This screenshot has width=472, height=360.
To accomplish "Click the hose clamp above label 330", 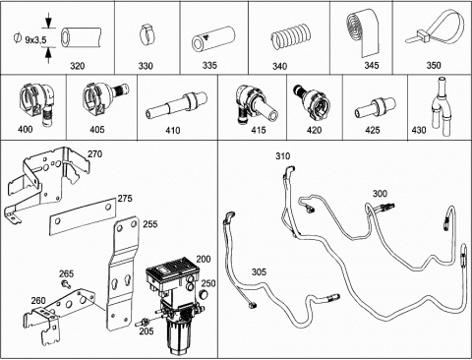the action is coord(147,35).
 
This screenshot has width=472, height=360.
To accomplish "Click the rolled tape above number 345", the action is coord(363,32).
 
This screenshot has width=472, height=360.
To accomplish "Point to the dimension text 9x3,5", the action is coord(35,39).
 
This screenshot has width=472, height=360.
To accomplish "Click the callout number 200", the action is coord(204,259).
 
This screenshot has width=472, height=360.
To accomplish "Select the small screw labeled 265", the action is coord(66,284).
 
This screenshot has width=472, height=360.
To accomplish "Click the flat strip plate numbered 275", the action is coord(83,216).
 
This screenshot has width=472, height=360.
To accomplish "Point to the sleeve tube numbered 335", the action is coord(214,39).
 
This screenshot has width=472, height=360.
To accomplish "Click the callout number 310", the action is coord(282,156).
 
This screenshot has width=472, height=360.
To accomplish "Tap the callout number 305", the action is coord(259,271).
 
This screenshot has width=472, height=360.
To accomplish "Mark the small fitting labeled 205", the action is coord(142,322).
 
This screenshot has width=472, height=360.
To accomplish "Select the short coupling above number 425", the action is coord(372,108).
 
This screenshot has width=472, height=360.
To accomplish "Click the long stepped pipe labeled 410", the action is coord(177,105).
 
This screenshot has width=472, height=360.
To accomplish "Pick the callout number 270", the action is coord(95,154).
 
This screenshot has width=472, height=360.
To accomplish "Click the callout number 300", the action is coord(380,194).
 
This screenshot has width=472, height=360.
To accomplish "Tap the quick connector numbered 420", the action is coord(311,101).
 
